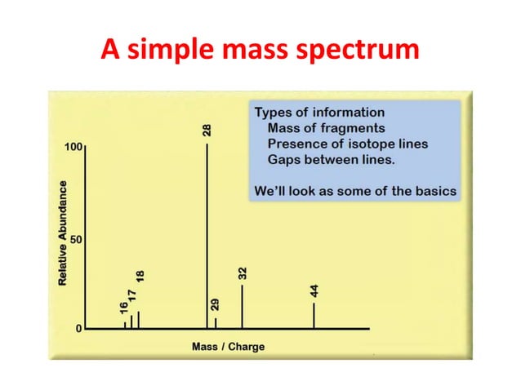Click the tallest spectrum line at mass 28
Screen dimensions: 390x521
pyautogui.click(x=207, y=237)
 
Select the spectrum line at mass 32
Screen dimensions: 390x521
pyautogui.click(x=242, y=306)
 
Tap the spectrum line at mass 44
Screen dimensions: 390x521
pyautogui.click(x=314, y=316)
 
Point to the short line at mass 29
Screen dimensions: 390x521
pyautogui.click(x=216, y=323)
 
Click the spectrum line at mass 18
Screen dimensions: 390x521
pyautogui.click(x=139, y=320)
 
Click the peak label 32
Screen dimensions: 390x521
pyautogui.click(x=243, y=273)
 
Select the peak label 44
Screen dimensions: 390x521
pyautogui.click(x=314, y=290)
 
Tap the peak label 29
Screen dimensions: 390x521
pyautogui.click(x=216, y=305)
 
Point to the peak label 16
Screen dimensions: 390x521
pyautogui.click(x=123, y=308)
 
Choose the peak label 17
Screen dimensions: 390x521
pyautogui.click(x=132, y=295)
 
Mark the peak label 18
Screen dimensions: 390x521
pyautogui.click(x=140, y=277)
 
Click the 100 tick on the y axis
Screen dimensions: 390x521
pyautogui.click(x=73, y=148)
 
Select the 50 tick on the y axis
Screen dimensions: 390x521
pyautogui.click(x=75, y=241)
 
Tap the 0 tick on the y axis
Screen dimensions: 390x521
pyautogui.click(x=78, y=329)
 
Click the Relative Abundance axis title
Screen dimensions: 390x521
pyautogui.click(x=62, y=233)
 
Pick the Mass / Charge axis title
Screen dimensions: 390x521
pyautogui.click(x=228, y=347)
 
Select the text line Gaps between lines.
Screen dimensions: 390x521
pyautogui.click(x=331, y=160)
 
